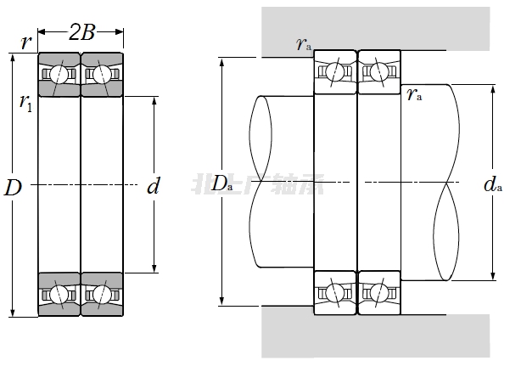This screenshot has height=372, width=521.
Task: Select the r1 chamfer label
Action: click(26, 103)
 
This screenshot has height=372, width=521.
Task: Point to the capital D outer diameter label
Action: click(13, 189)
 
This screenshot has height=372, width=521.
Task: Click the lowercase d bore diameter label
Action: click(153, 187)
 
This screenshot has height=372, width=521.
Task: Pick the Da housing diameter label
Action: click(222, 183)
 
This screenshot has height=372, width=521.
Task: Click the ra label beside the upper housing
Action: click(303, 44)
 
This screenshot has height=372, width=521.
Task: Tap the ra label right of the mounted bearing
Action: click(415, 94)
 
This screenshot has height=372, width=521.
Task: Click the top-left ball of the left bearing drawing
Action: click(59, 74)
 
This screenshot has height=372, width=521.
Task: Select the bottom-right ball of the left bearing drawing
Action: click(102, 295)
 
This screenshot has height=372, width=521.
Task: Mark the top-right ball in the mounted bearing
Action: click(379, 71)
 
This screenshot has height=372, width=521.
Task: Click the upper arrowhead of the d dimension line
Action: click(153, 99)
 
